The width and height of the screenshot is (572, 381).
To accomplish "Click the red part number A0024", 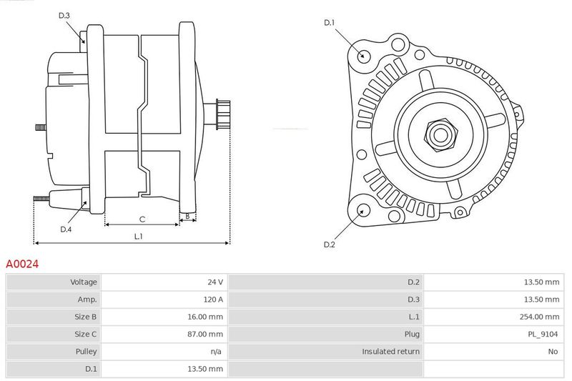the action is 22,264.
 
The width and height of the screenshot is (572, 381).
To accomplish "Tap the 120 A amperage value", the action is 213,300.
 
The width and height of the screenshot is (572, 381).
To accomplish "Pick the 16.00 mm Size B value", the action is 205,317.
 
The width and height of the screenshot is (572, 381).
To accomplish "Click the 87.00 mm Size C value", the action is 205,334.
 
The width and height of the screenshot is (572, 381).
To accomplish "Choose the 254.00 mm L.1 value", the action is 539,317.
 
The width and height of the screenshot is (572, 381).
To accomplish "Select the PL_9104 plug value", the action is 543,334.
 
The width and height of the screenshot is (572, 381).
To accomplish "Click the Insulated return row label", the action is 390,352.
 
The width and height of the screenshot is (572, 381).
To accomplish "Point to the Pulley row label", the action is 86,352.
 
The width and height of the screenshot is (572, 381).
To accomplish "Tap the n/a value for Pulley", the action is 216,352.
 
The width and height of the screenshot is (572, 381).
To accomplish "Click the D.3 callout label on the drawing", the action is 64,15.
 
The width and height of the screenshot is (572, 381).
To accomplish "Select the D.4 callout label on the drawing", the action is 66,229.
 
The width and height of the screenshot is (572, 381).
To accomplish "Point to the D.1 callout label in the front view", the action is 329,23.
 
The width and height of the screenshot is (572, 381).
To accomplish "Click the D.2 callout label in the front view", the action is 329,244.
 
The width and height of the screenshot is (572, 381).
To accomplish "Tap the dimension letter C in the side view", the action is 142,219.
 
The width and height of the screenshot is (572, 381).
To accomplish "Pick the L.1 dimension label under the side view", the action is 138,237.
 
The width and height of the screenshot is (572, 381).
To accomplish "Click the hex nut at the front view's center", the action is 440,134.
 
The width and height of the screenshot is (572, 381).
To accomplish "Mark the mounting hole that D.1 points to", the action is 363,56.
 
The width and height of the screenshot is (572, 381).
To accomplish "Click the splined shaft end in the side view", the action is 223,114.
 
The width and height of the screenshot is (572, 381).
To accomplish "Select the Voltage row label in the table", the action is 84,282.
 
